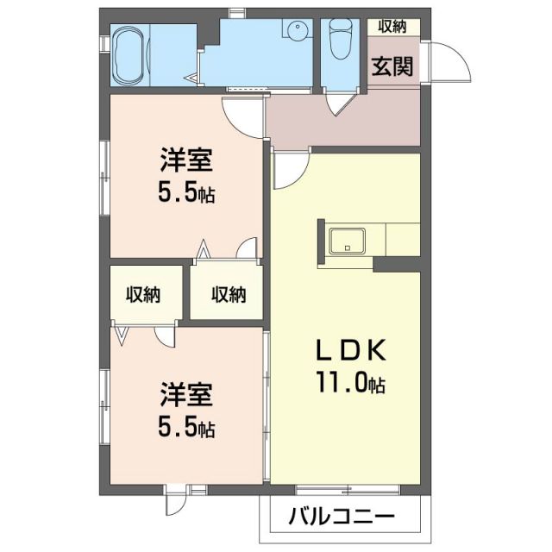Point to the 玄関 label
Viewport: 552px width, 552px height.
pyautogui.click(x=392, y=66)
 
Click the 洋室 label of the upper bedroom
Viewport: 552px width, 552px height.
pyautogui.click(x=185, y=162)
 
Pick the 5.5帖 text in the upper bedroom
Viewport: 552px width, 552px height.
pyautogui.click(x=185, y=193)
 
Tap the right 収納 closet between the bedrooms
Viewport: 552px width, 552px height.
pyautogui.click(x=229, y=294)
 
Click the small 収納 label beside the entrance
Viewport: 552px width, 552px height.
pyautogui.click(x=392, y=26)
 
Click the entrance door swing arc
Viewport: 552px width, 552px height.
pyautogui.click(x=448, y=61)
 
